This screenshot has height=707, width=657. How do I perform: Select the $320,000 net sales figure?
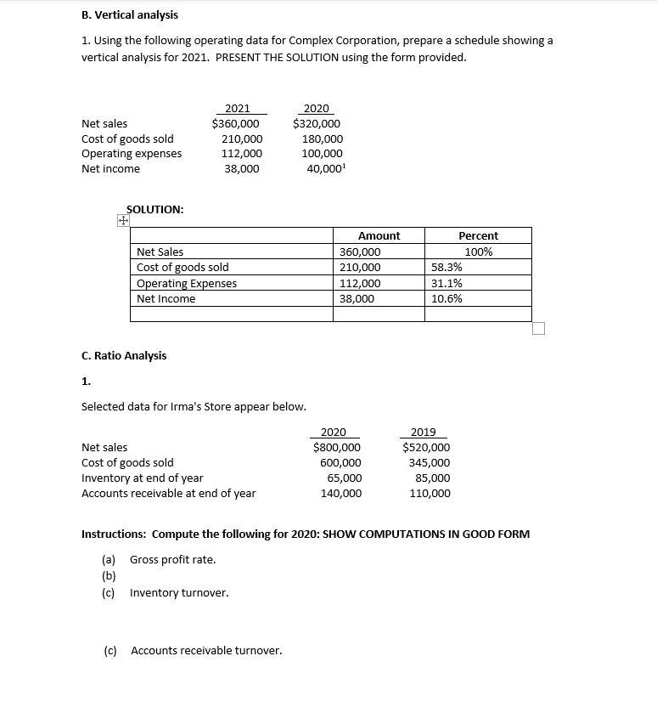(x=317, y=123)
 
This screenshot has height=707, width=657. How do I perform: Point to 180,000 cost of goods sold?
(x=323, y=139)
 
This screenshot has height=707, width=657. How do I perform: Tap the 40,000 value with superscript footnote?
(x=326, y=169)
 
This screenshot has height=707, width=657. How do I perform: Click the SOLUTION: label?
(x=154, y=209)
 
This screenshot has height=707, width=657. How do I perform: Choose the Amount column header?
(x=379, y=235)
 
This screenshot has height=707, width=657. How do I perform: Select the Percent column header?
(x=478, y=235)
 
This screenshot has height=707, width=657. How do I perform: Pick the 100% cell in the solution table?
(x=478, y=252)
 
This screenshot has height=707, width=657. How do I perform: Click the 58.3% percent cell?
(x=447, y=268)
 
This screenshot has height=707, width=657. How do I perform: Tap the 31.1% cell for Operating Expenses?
(x=447, y=284)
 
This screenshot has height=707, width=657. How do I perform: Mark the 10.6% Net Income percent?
(x=447, y=299)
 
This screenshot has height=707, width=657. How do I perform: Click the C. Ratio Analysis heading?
(x=124, y=355)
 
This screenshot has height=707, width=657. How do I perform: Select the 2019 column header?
(x=423, y=432)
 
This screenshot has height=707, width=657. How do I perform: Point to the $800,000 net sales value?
(x=337, y=447)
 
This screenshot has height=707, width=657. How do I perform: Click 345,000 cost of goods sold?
(x=430, y=463)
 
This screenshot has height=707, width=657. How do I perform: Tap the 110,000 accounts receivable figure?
(x=430, y=494)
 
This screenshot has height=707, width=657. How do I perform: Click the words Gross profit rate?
(x=173, y=559)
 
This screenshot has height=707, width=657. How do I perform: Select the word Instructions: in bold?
(x=112, y=534)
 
